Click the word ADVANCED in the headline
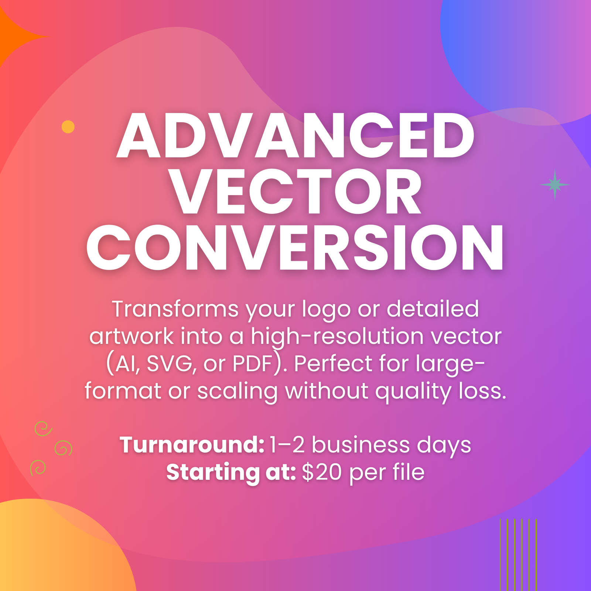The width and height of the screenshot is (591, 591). pos(295,136)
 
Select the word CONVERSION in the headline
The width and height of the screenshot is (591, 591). pos(295,247)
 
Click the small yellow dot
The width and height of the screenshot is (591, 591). pos(68,127)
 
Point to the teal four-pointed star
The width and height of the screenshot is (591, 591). pos(555,185)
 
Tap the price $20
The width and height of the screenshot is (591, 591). pos(322,472)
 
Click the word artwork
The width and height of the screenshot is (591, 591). pos(131,337)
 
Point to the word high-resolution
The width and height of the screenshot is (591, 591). pos(337,337)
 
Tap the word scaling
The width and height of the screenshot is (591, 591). pos(237,392)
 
